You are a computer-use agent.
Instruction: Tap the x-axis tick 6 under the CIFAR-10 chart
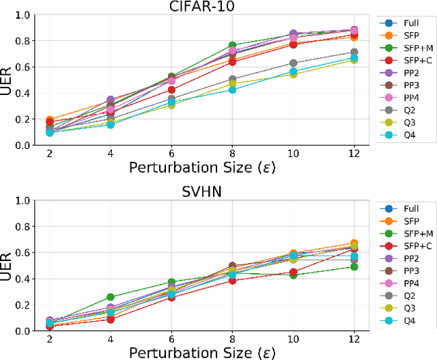coord(172,155)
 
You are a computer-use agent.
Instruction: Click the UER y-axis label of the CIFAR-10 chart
coord(8,80)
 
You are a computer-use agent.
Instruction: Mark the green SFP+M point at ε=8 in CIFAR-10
coord(232,46)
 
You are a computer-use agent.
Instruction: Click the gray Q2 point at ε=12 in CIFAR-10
coord(354,53)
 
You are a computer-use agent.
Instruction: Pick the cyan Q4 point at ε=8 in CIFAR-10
coord(232,89)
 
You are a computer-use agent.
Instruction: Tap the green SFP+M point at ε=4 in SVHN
coord(111,297)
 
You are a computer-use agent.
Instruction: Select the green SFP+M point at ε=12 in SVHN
coord(354,266)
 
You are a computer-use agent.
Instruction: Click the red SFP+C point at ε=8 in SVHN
coord(232,280)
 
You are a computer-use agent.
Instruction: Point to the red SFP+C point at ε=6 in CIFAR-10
coord(172,89)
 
